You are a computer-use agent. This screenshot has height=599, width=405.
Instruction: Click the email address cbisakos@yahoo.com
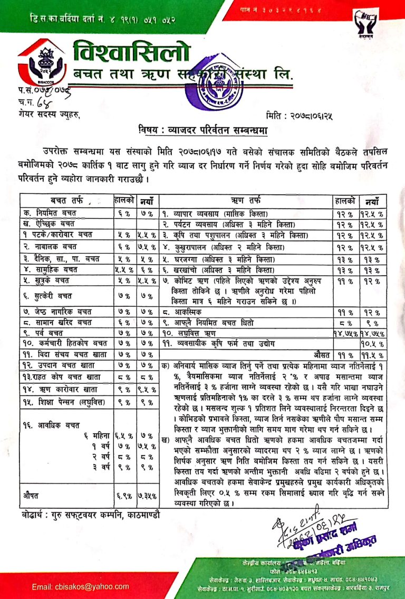click(x=80, y=586)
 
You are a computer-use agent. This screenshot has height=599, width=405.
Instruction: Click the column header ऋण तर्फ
click(x=246, y=200)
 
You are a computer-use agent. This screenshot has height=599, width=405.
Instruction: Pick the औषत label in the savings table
click(x=34, y=496)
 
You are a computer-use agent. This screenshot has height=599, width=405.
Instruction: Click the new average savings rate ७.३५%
click(x=147, y=497)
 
